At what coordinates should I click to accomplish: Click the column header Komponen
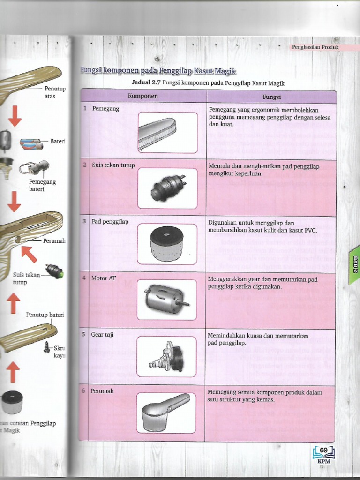[x=143, y=96]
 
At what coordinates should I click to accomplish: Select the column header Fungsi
[x=271, y=97]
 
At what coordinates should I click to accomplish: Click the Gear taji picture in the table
[x=166, y=356]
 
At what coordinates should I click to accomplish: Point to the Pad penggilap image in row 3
[x=166, y=243]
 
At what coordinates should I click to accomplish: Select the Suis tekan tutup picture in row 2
[x=167, y=187]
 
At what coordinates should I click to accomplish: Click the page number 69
[x=323, y=450]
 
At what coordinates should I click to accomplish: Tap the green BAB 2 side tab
[x=355, y=265]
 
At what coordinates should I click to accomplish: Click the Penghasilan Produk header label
[x=315, y=47]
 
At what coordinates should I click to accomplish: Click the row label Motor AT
[x=104, y=278]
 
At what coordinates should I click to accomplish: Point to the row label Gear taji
[x=103, y=335]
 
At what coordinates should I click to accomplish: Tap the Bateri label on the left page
[x=58, y=141]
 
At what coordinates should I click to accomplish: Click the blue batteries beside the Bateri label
[x=31, y=143]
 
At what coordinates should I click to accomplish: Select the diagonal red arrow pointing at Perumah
[x=29, y=253]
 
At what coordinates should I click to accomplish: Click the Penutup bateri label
[x=45, y=315]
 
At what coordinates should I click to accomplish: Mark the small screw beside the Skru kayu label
[x=47, y=347]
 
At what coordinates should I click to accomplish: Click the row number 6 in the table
[x=84, y=390]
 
